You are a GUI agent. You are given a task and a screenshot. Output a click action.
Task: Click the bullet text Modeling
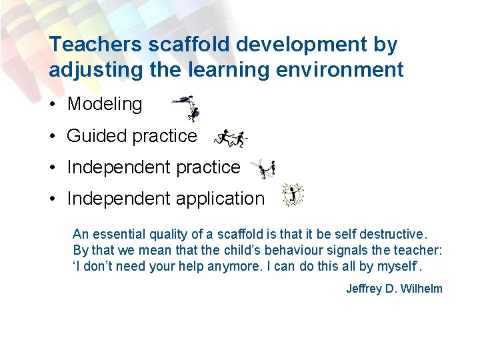pyautogui.click(x=105, y=104)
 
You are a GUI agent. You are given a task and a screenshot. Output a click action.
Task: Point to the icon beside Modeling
pyautogui.click(x=187, y=107)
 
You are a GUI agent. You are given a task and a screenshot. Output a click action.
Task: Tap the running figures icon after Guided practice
pyautogui.click(x=231, y=138)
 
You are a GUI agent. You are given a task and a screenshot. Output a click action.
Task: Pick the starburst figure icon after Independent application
pyautogui.click(x=292, y=195)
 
